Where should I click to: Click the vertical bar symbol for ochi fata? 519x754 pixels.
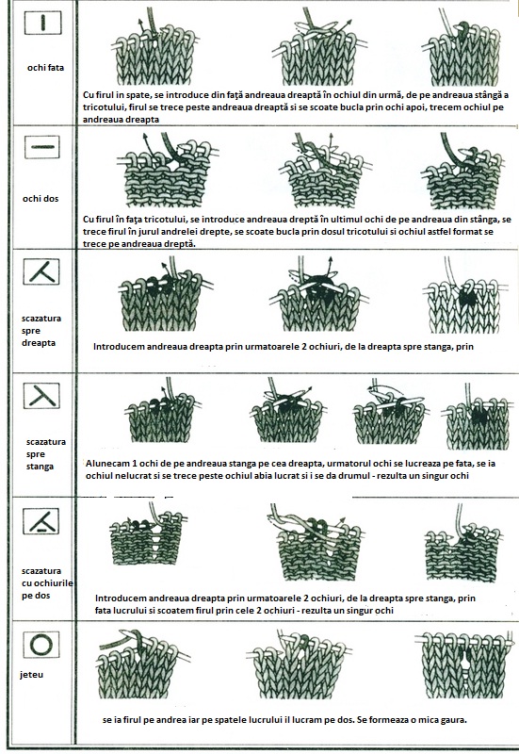click(x=42, y=23)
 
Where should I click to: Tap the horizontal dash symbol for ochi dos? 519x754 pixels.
click(x=41, y=147)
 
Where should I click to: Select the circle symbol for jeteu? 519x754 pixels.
click(x=41, y=645)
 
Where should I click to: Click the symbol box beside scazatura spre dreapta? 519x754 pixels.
click(x=41, y=271)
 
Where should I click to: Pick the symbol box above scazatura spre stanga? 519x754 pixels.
click(x=41, y=396)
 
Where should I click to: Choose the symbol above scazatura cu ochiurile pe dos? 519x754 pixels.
click(x=41, y=521)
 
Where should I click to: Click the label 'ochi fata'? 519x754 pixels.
click(x=45, y=68)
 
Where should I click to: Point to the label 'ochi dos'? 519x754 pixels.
click(x=41, y=199)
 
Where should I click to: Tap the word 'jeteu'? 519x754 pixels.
click(x=32, y=675)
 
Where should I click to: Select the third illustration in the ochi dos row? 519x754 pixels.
click(x=462, y=171)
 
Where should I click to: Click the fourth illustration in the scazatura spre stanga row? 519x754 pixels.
click(x=478, y=418)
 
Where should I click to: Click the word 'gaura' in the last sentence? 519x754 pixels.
click(x=454, y=720)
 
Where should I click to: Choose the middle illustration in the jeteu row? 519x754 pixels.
click(x=300, y=664)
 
